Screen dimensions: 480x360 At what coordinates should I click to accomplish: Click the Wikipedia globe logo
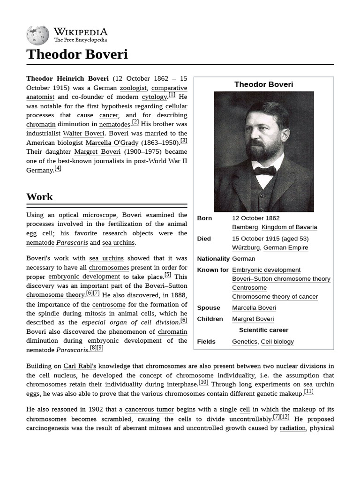tap(37, 35)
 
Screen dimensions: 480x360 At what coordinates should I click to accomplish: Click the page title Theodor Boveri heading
tap(77, 54)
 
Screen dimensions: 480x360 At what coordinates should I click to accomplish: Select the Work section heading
tap(40, 197)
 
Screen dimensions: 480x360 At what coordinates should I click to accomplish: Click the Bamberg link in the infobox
tap(245, 227)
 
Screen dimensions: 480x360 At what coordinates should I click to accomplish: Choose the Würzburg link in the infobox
tap(246, 248)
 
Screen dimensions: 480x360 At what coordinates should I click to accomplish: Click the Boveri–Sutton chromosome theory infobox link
tap(281, 279)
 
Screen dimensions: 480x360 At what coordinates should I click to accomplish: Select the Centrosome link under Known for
tap(249, 288)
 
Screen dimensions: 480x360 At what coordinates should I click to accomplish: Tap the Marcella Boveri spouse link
tap(254, 308)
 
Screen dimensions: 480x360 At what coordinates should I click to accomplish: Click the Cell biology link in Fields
tap(277, 342)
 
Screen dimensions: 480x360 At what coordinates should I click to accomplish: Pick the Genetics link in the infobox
tap(244, 342)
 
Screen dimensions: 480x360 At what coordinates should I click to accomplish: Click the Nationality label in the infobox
tap(213, 259)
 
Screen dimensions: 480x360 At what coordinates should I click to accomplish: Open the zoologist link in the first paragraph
tap(134, 88)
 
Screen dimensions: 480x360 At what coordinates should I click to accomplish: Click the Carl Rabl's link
tap(80, 366)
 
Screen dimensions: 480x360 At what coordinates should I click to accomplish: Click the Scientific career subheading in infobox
tap(263, 330)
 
